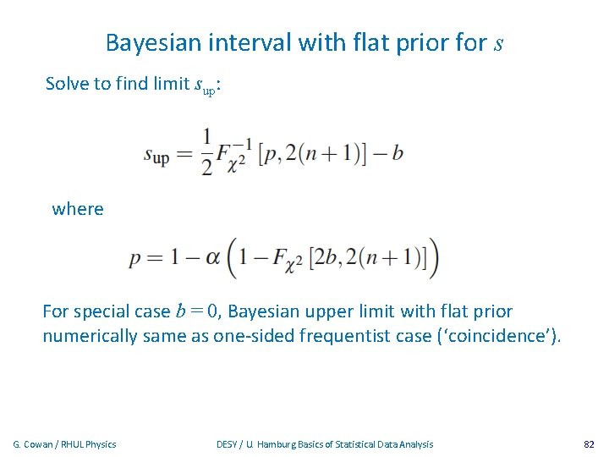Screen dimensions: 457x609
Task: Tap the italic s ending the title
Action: (498, 42)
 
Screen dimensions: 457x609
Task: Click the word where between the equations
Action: (78, 208)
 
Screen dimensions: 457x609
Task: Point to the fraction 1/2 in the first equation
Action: (206, 152)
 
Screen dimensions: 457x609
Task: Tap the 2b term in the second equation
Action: (328, 258)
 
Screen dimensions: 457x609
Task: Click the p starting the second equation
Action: (135, 260)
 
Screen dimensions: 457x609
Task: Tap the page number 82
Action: (590, 443)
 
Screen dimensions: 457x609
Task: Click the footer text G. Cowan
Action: (35, 443)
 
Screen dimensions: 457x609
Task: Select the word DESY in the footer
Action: (228, 443)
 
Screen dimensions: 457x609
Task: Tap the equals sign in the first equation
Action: (185, 154)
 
